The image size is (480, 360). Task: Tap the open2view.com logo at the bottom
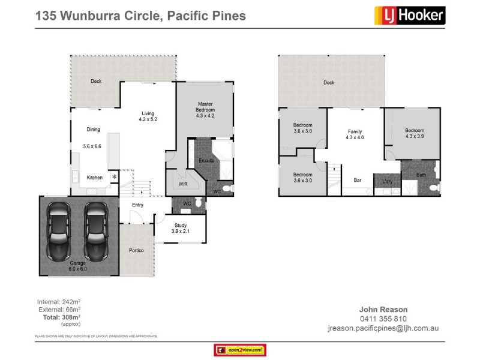239,350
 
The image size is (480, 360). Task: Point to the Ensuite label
206,161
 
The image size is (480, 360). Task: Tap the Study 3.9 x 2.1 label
180,229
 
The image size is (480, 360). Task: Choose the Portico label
136,250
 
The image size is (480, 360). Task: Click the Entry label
138,205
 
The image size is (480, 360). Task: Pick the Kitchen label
95,178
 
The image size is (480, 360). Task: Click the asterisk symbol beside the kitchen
114,178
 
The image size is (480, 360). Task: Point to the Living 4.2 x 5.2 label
148,116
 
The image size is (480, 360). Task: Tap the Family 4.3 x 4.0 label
355,134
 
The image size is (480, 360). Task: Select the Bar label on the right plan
357,180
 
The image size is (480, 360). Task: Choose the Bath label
422,175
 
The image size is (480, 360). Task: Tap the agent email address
383,328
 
